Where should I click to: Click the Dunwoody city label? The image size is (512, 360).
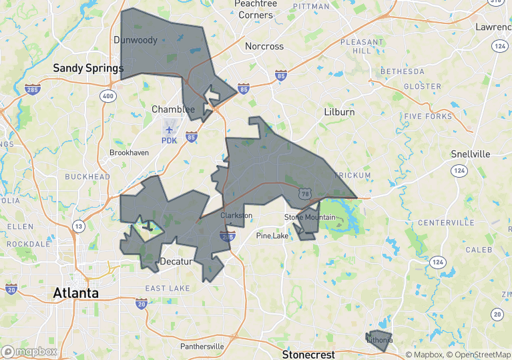click(x=136, y=40)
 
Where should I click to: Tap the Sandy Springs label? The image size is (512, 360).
click(x=88, y=68)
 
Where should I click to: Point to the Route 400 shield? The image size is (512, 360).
click(x=108, y=97)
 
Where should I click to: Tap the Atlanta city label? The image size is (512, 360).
click(x=76, y=293)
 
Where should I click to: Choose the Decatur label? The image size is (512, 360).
click(x=176, y=261)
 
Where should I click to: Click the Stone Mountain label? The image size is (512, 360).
click(x=310, y=218)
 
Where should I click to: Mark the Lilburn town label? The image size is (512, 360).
click(x=339, y=112)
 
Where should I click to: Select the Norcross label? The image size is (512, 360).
click(x=264, y=47)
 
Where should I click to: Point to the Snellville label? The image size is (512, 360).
click(x=470, y=154)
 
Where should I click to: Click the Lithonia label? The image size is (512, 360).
click(x=379, y=341)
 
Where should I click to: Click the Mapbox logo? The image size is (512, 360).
click(x=29, y=351)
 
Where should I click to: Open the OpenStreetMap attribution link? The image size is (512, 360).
click(x=479, y=355)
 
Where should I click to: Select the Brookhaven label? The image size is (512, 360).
click(x=130, y=153)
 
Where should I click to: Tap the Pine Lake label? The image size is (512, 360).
click(x=273, y=235)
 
